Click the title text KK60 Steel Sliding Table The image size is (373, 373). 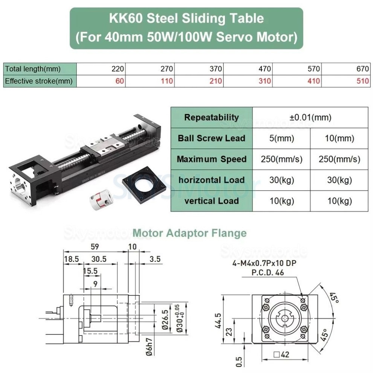186,18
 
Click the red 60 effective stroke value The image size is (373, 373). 120,81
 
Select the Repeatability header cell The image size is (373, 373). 211,117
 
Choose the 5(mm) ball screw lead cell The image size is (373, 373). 281,138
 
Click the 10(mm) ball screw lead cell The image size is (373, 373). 339,138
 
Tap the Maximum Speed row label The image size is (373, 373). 211,159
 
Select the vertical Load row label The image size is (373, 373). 211,201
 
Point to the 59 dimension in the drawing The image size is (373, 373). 95,247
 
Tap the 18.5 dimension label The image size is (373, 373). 72,259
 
